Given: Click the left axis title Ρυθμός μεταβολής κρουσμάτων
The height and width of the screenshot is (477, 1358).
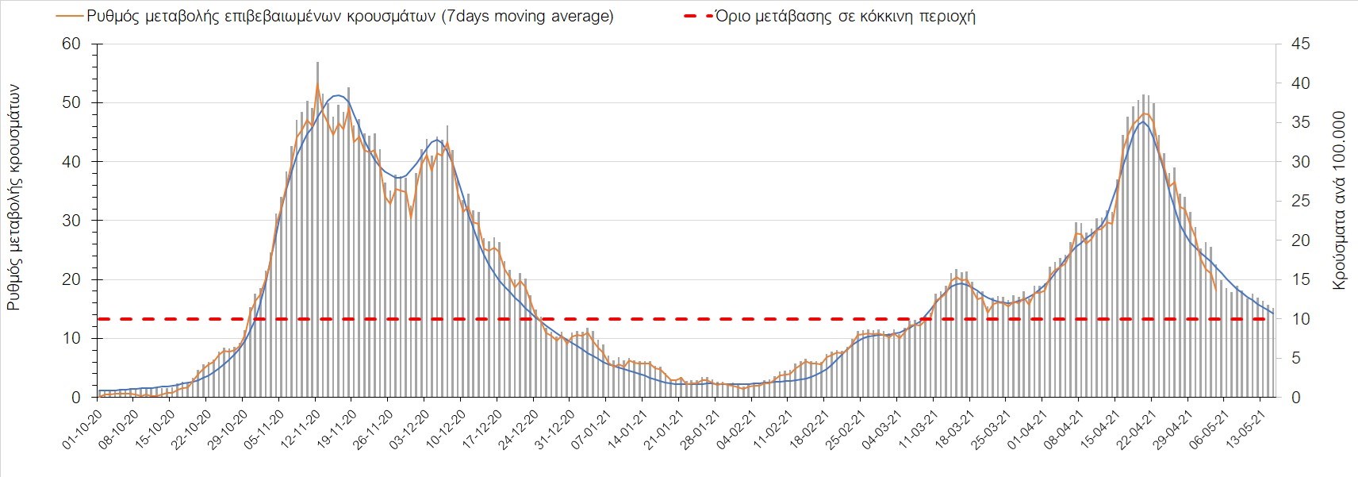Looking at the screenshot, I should click(14, 198).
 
